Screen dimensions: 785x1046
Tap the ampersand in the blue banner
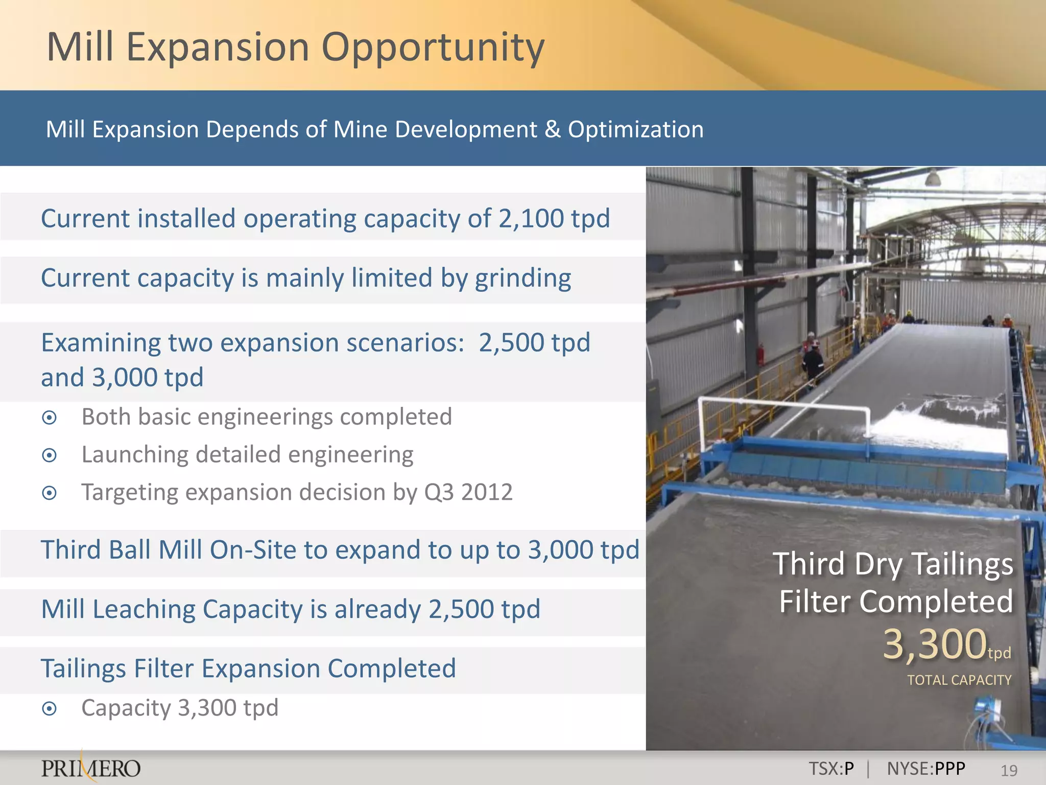pos(552,129)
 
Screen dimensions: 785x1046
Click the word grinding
pos(522,279)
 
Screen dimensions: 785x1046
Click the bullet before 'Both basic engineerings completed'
pos(50,418)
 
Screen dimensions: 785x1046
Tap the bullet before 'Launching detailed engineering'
pos(50,455)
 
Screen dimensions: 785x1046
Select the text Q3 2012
pos(468,493)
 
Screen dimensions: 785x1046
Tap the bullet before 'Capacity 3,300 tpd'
pos(50,709)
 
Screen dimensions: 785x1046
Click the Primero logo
pos(91,768)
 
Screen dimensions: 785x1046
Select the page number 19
pos(1009,770)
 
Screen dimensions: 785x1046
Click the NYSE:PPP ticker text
pos(926,769)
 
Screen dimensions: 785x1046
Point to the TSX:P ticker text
pos(831,769)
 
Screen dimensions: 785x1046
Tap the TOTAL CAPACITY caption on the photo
pos(959,680)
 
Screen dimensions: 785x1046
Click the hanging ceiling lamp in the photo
pos(933,178)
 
